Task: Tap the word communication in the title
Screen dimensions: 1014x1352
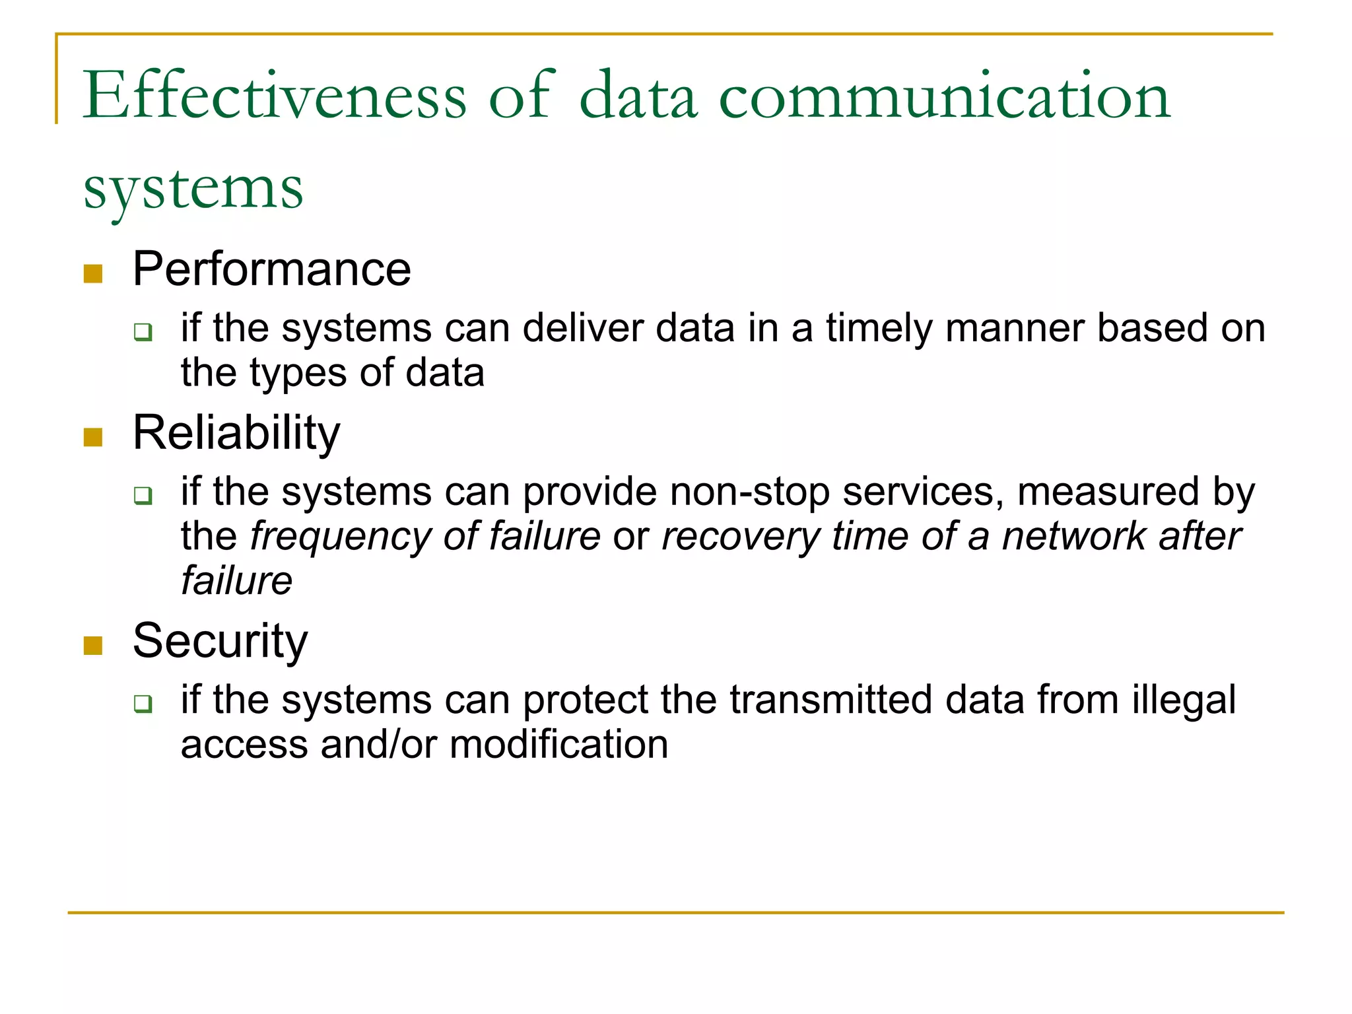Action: (x=944, y=97)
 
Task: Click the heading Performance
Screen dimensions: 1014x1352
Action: (x=271, y=269)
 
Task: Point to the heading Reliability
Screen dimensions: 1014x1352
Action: (x=236, y=433)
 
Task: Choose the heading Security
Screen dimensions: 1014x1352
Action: (x=220, y=641)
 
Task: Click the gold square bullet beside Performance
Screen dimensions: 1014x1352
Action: (x=93, y=274)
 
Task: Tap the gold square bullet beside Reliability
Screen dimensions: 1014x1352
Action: (x=93, y=438)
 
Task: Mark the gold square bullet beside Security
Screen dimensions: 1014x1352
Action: (x=93, y=646)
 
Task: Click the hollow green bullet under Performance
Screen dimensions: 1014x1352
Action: (x=143, y=331)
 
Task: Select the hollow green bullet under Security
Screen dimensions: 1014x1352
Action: (x=143, y=704)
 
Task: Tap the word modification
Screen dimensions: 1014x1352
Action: (x=558, y=745)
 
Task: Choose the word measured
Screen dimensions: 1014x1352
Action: (x=1108, y=492)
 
